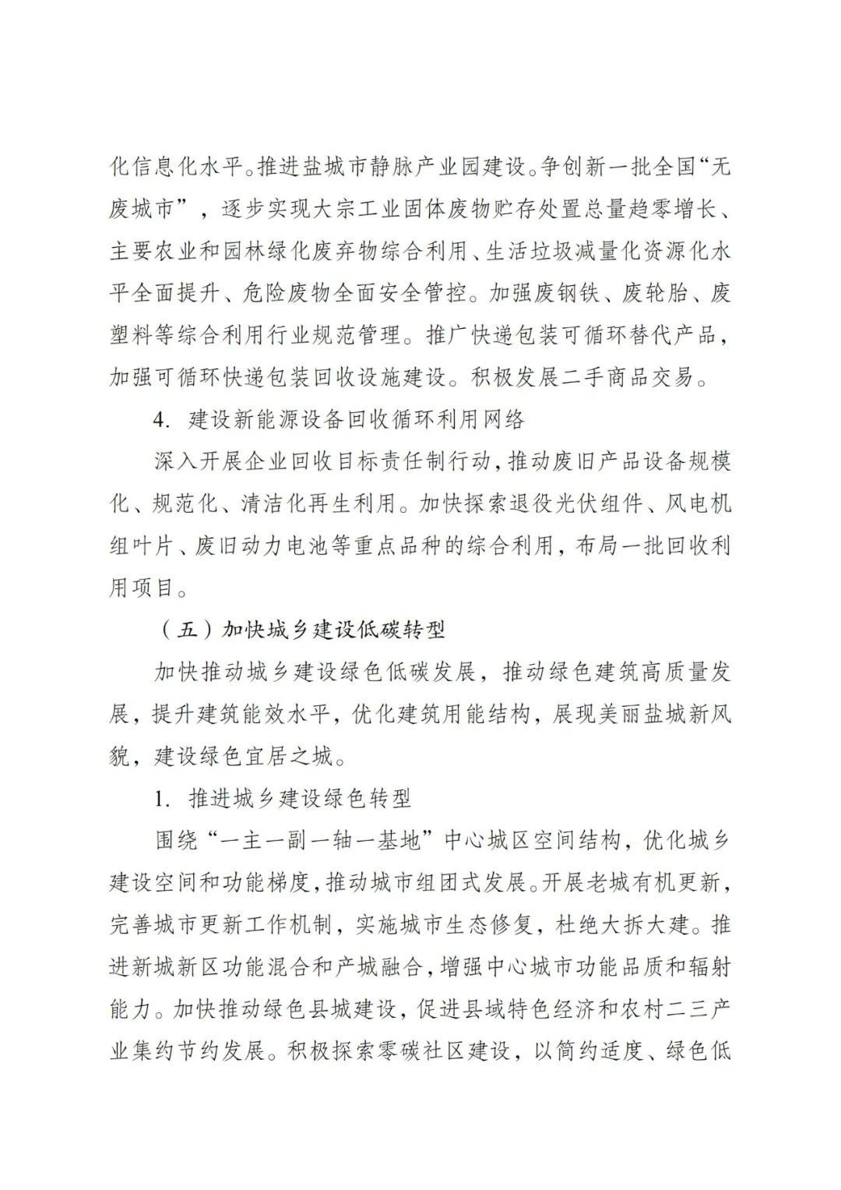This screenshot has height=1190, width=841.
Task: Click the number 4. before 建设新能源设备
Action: pos(160,420)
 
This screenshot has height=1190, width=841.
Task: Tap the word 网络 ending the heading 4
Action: pos(504,420)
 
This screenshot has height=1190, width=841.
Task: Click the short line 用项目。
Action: pos(149,588)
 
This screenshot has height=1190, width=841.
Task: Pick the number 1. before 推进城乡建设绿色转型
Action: pos(161,798)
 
